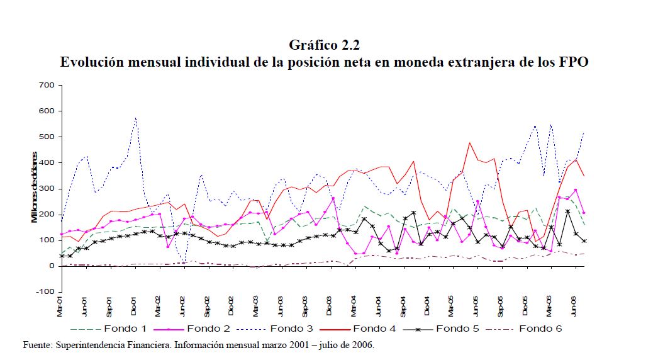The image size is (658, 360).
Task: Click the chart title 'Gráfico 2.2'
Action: [x=324, y=45]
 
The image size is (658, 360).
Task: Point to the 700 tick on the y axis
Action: [x=48, y=85]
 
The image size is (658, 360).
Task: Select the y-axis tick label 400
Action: [x=48, y=163]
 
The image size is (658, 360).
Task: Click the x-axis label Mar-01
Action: [x=61, y=307]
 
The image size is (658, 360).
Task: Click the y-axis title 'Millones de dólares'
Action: [x=36, y=187]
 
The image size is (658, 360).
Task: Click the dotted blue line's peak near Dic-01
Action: [x=135, y=118]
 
